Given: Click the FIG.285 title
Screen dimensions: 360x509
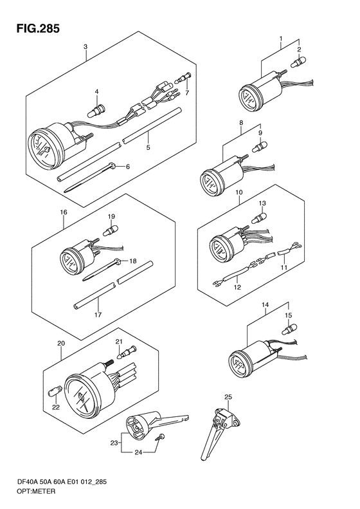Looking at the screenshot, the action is point(38,28).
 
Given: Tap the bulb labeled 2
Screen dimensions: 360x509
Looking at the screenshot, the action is point(298,62).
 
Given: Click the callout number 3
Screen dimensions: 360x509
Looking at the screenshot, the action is point(85,47).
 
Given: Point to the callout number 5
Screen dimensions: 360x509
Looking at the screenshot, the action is point(148,147).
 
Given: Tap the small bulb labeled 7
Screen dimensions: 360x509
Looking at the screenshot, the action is point(183,78).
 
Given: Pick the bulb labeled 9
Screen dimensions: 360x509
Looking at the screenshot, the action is point(260,147).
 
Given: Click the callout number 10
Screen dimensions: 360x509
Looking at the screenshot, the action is point(239,192).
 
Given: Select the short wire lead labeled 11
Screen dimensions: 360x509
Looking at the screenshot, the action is point(290,248).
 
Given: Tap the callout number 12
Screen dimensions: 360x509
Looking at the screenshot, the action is point(237,287).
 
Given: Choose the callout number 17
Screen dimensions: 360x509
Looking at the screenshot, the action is point(98,315).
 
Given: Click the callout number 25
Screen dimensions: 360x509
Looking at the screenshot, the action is point(228,396).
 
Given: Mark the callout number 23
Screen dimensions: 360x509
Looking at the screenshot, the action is point(114,442).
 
